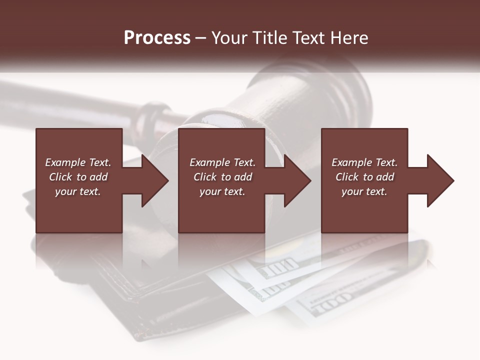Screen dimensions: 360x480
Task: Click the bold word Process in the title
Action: coord(157,38)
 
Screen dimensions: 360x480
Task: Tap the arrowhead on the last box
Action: coord(439,180)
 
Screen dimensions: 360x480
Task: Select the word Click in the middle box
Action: coord(204,177)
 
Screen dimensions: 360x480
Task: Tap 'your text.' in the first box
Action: coord(78,191)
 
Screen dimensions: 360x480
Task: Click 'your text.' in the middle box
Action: coord(222,191)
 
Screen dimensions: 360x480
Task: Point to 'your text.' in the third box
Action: coord(364,191)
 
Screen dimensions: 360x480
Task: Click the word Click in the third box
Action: coord(347,177)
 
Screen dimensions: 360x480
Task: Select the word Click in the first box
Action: coord(60,177)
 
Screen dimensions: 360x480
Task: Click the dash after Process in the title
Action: coord(201,38)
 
